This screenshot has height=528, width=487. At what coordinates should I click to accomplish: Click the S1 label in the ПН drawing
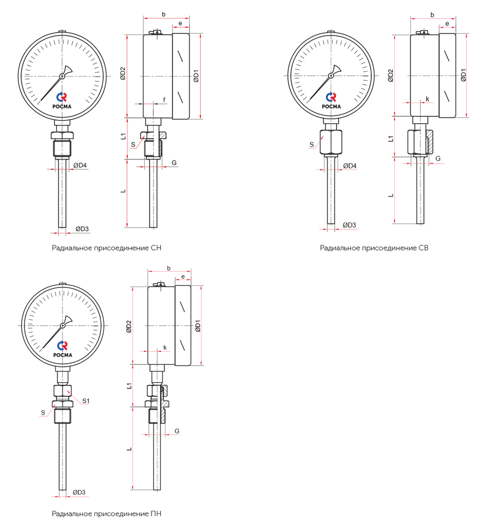[x=86, y=400]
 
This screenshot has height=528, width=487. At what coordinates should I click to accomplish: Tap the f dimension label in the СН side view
[x=164, y=100]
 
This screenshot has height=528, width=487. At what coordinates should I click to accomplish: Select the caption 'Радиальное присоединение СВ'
[x=374, y=248]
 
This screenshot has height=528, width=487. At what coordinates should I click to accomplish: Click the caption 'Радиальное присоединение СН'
[x=106, y=248]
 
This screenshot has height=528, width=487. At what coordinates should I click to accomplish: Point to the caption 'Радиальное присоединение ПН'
[x=106, y=513]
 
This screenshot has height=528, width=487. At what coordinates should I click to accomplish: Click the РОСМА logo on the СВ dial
[x=331, y=100]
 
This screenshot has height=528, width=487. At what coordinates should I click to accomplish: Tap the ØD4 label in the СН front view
[x=80, y=165]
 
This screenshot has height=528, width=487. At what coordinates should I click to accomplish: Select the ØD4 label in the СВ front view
[x=350, y=166]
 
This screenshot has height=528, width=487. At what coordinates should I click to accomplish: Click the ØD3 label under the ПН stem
[x=79, y=492]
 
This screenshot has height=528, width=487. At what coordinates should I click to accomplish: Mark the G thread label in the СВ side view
[x=438, y=158]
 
